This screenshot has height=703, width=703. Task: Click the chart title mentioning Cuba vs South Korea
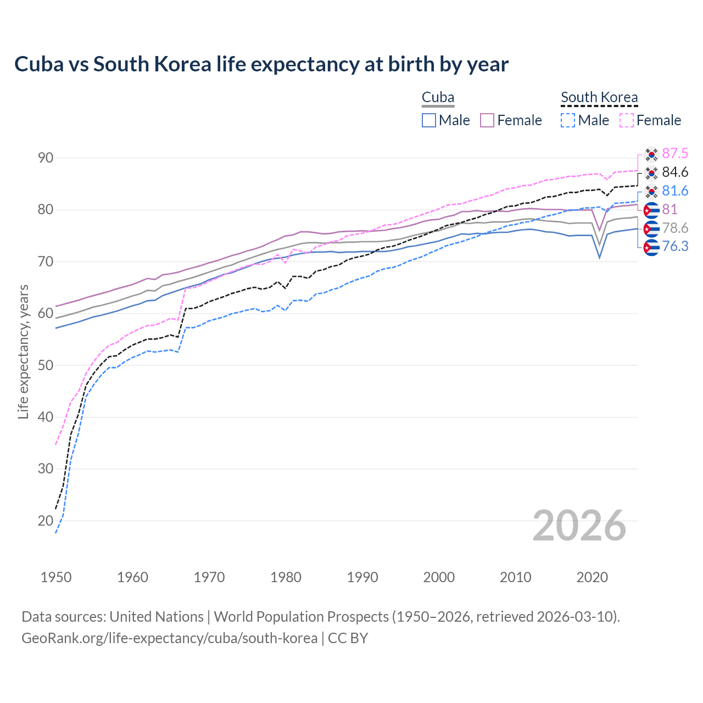[261, 64]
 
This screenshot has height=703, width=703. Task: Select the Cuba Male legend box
[429, 120]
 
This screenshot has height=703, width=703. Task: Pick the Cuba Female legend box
[487, 120]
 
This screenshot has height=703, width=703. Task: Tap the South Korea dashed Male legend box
[568, 120]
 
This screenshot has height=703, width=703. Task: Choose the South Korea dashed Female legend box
[627, 120]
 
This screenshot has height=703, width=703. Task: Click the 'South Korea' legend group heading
[599, 98]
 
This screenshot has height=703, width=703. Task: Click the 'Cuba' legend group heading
[438, 98]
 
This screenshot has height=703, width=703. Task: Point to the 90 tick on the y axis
[46, 158]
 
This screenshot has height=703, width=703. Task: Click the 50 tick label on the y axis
[46, 365]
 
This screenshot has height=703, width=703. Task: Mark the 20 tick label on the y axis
[46, 521]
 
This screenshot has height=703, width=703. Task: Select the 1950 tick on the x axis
[56, 577]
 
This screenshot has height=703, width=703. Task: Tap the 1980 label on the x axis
[286, 577]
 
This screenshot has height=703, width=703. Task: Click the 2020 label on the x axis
[592, 577]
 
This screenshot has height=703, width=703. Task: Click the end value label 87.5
[675, 154]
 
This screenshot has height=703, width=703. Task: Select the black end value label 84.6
[675, 172]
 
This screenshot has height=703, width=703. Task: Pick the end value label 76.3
[675, 247]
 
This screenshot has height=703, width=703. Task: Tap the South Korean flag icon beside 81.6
[651, 191]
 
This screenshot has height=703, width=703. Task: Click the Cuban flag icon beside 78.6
[651, 228]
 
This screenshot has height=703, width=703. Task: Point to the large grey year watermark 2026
[579, 526]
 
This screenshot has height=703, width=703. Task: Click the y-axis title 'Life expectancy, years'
[24, 351]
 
